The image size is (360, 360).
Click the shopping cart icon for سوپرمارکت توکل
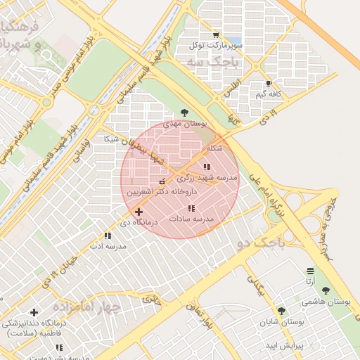[215, 35]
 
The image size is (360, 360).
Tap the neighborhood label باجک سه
[213, 62]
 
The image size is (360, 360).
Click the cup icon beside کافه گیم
[269, 83]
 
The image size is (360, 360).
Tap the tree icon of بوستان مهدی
[184, 112]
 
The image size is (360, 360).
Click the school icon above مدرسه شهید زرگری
[206, 167]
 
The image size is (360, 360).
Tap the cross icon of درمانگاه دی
[139, 212]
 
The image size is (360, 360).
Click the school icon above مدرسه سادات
[191, 209]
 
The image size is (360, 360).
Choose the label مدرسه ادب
[108, 246]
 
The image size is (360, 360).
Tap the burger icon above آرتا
[310, 271]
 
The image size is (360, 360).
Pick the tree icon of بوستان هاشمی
[326, 290]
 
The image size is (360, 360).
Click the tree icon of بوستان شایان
[281, 311]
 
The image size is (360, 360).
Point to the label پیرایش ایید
[283, 347]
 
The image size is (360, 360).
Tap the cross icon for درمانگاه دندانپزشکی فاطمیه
[34, 312]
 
